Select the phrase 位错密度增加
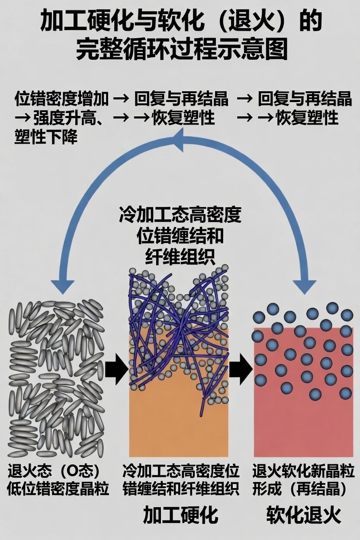tap(61, 99)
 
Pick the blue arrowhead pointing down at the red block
tap(305, 286)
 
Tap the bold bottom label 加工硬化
tap(180, 515)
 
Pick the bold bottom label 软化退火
tap(303, 515)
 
